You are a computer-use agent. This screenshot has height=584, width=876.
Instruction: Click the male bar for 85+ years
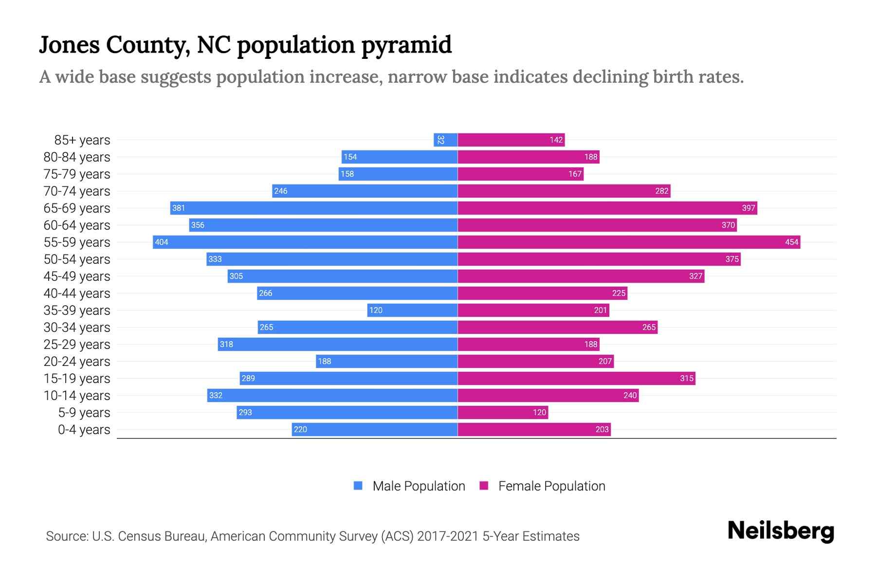click(x=445, y=140)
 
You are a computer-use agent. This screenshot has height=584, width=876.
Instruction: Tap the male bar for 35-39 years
click(x=412, y=310)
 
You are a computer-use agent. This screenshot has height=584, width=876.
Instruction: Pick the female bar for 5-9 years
click(x=503, y=412)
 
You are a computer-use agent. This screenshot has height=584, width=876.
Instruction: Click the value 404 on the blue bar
click(x=162, y=242)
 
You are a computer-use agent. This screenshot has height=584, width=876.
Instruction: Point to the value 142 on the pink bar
click(x=556, y=140)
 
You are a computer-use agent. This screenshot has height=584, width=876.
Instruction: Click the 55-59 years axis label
click(x=77, y=242)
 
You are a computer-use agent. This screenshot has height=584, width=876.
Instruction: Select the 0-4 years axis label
click(x=84, y=429)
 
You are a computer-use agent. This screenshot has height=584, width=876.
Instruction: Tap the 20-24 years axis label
click(x=77, y=361)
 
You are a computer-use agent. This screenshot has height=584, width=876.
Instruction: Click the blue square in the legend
click(x=358, y=486)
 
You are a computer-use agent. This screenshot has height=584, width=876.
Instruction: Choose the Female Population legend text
click(x=551, y=486)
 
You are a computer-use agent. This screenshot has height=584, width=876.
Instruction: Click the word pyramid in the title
click(x=406, y=45)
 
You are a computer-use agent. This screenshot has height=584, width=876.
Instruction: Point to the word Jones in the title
click(x=69, y=45)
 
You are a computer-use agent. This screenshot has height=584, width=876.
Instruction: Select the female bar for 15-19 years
click(x=576, y=378)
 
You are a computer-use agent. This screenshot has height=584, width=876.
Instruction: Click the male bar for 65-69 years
click(x=314, y=208)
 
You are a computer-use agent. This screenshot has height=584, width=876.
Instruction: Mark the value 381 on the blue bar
click(x=179, y=208)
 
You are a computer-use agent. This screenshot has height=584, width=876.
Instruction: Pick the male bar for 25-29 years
click(x=337, y=344)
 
